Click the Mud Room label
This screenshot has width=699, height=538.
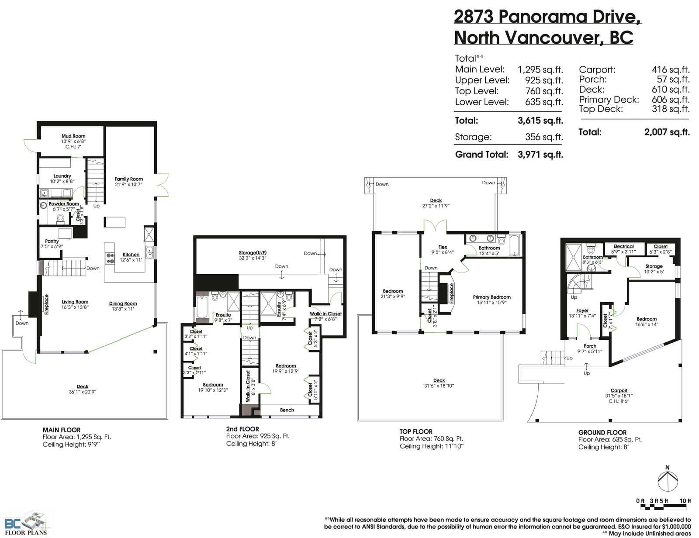tap(73, 136)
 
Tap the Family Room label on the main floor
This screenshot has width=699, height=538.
tap(129, 179)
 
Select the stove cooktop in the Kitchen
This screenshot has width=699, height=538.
tap(110, 258)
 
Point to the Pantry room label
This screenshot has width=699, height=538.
tap(52, 241)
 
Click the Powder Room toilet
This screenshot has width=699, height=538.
tap(60, 218)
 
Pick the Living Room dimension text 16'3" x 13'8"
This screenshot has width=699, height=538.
tap(75, 307)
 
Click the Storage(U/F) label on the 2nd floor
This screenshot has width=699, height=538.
tap(253, 252)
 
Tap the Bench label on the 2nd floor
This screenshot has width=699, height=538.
tap(287, 410)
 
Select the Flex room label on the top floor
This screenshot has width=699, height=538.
tap(443, 247)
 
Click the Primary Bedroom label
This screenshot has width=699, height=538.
tap(491, 297)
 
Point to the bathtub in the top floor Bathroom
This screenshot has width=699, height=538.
tap(515, 246)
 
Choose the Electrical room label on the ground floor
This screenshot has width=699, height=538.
tap(623, 246)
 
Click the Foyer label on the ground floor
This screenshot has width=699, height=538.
tap(582, 310)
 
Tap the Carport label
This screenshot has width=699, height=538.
tap(619, 390)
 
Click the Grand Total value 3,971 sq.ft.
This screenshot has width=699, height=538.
tap(540, 155)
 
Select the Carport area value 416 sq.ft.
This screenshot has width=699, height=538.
tap(671, 69)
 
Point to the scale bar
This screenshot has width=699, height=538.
tap(663, 507)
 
